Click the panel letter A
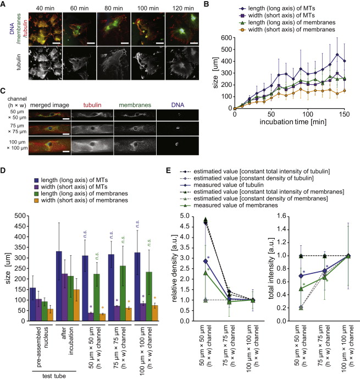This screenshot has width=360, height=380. pos(4,5)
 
